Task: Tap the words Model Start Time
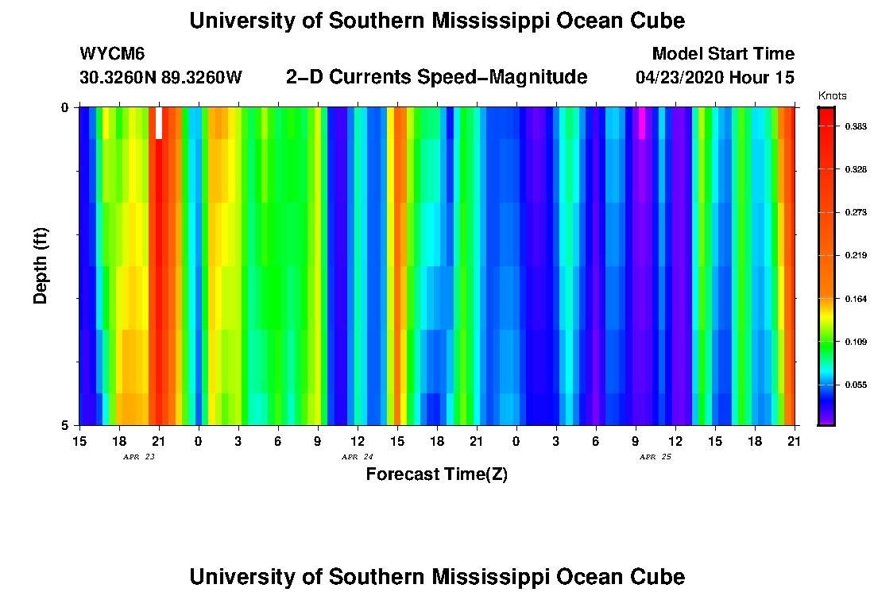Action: coord(722,54)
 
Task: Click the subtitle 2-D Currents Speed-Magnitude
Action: coord(436,77)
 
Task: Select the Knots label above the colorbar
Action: coord(832,96)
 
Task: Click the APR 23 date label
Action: coord(138,457)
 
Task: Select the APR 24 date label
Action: coord(357,457)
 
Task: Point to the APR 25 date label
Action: coord(655,457)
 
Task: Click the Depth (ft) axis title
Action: coord(41,265)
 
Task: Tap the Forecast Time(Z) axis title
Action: coord(436,475)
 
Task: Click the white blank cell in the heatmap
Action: coord(159,123)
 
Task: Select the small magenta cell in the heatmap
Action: coord(642,123)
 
